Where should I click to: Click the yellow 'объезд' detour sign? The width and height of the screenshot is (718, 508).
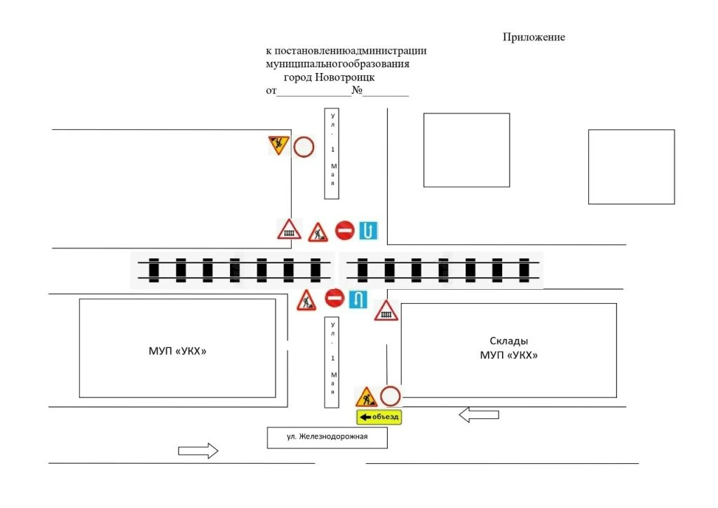pos(379,417)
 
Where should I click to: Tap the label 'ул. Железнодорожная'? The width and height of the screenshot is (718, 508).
pos(327,436)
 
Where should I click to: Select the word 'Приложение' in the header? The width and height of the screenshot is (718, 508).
pos(534,37)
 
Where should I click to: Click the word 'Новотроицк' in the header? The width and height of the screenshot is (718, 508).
pos(345,77)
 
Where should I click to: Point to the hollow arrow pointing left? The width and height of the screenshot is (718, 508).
pos(479,415)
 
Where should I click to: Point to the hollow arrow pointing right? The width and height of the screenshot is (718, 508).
pos(198,450)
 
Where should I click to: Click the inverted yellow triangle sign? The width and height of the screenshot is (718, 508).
pos(278,145)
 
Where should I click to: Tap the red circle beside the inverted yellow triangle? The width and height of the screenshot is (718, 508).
pos(304,147)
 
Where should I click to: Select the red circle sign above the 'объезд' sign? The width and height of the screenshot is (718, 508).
pos(390,396)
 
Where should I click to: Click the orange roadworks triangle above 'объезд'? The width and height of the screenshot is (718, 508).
pos(366,397)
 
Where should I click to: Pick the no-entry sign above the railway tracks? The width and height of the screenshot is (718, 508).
pos(344,230)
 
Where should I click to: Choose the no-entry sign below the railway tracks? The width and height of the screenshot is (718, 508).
pos(334,298)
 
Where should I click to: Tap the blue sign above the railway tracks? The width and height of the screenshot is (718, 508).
pos(368,230)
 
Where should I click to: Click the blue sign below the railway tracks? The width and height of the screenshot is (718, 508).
pos(358,300)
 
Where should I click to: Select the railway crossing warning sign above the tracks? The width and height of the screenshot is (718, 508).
pos(289,229)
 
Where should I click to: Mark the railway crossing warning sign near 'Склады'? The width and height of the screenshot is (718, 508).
pos(386,311)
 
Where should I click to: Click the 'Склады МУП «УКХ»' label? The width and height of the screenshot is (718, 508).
pos(509,348)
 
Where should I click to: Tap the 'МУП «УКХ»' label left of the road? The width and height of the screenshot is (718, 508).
pos(177,352)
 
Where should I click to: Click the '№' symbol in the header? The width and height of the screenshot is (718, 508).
pos(357,90)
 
